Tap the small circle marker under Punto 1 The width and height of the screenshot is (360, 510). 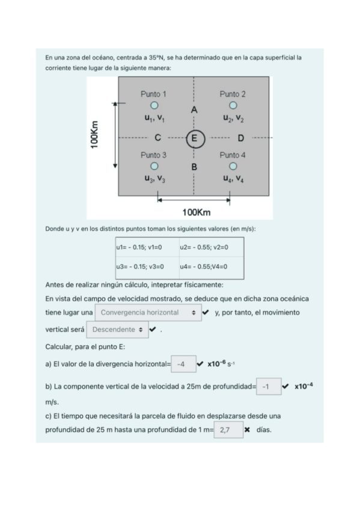[x=154, y=106]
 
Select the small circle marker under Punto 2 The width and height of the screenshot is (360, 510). [x=233, y=106]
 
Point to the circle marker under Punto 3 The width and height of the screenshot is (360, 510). [x=154, y=167]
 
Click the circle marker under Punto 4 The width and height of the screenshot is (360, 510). [x=233, y=167]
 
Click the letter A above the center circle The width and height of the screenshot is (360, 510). [x=194, y=110]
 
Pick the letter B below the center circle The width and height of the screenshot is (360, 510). [x=194, y=167]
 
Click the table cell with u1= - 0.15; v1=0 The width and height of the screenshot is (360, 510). [x=145, y=247]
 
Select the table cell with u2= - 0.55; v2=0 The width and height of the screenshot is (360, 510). [x=210, y=247]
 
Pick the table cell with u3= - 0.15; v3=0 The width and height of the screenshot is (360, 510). [x=145, y=266]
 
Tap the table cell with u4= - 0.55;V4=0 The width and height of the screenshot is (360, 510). [x=210, y=266]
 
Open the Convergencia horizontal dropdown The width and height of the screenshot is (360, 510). [x=148, y=313]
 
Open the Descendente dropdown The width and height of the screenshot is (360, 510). [x=117, y=330]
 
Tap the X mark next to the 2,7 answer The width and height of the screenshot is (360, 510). [x=247, y=431]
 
